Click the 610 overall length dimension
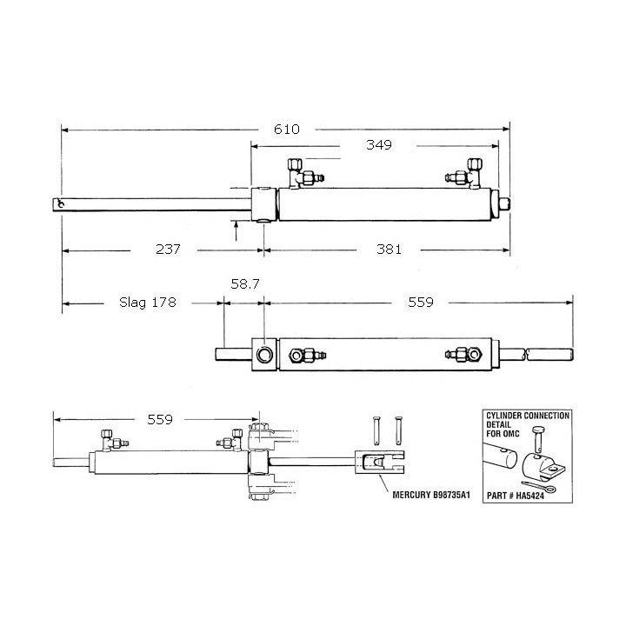coord(287,130)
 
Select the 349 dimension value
coord(379,145)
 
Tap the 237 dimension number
coord(167,250)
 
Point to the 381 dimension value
coord(389,250)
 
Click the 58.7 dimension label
coord(244,284)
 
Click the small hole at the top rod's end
coord(59,205)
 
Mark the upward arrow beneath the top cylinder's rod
coord(237,231)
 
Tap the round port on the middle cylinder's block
coord(263,354)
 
